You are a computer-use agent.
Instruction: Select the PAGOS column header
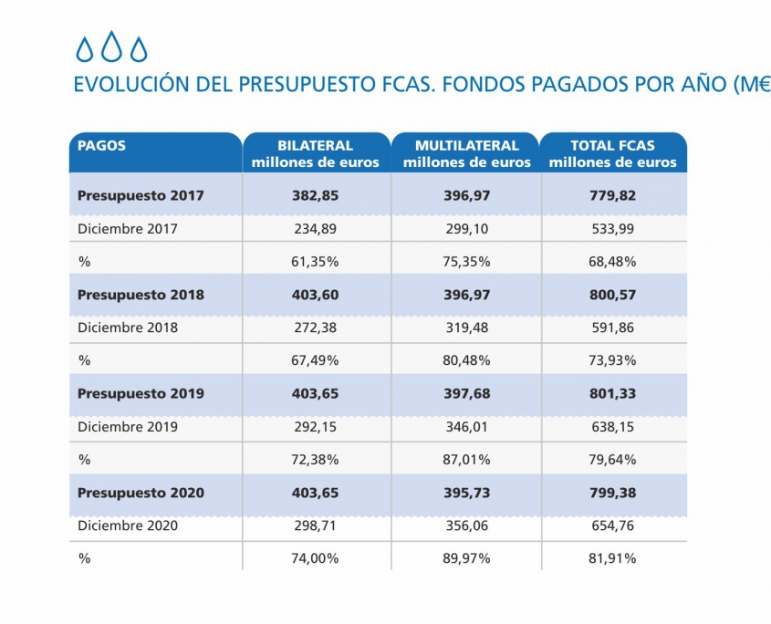(x=101, y=145)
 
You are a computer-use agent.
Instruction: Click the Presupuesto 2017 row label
(x=141, y=195)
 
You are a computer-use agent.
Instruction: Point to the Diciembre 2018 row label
(x=128, y=328)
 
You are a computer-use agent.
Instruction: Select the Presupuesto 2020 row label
(x=141, y=493)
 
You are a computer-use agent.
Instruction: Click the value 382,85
(x=316, y=195)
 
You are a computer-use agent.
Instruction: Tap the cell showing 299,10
(x=466, y=228)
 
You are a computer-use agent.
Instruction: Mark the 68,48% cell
(x=613, y=262)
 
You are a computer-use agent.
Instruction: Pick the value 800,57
(x=613, y=295)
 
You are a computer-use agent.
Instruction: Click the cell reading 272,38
(x=316, y=328)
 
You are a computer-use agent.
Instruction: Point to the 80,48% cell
(x=466, y=360)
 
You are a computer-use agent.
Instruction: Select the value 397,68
(x=466, y=393)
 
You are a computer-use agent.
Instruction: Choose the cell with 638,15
(x=613, y=426)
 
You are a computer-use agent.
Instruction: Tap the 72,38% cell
(x=316, y=459)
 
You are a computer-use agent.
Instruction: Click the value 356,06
(x=466, y=525)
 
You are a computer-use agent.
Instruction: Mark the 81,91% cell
(x=613, y=558)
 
